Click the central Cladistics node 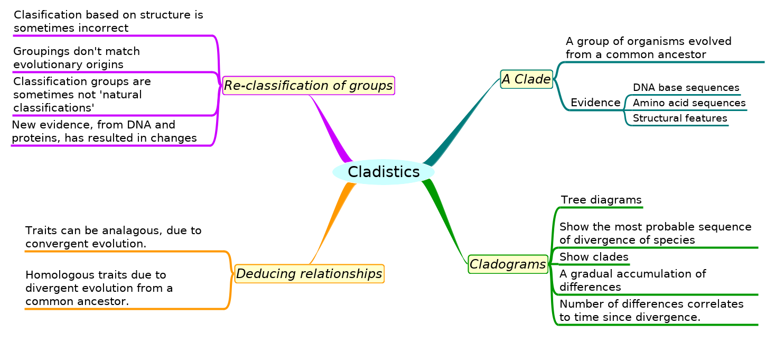click(384, 172)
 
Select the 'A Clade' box click(526, 79)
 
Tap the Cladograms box click(508, 264)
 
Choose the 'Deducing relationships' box click(309, 274)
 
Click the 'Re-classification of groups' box click(309, 85)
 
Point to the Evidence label click(595, 103)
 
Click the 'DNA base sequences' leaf click(686, 88)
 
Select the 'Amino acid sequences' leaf click(689, 103)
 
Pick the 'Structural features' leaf click(680, 118)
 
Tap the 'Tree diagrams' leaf click(601, 200)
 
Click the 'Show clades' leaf click(594, 257)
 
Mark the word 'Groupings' click(39, 52)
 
